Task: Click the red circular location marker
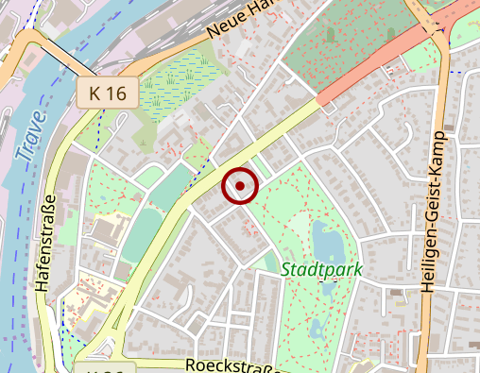coord(240,186)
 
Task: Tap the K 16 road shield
coord(108,93)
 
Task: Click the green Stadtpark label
coord(321,270)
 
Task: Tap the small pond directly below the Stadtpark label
coord(327,288)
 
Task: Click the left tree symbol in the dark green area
coord(332,35)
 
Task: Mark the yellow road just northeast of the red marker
coord(274,132)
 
